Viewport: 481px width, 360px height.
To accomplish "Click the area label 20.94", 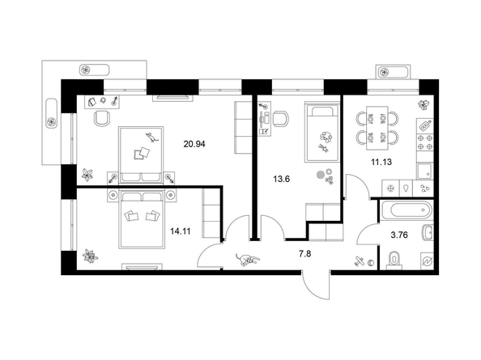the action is click(x=194, y=144).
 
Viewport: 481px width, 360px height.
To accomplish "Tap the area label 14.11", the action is click(x=181, y=231).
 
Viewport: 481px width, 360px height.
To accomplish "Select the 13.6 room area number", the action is click(x=282, y=179).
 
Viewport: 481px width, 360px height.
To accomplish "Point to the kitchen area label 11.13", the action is click(x=381, y=162).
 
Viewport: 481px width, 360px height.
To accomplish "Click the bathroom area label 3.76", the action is click(x=399, y=235).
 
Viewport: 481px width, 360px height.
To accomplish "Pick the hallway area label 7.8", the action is click(x=305, y=254).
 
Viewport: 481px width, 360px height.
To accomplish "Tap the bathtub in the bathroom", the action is click(x=407, y=210).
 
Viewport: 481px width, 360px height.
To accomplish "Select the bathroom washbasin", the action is click(x=428, y=232).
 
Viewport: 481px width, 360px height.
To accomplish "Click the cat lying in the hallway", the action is click(x=247, y=260).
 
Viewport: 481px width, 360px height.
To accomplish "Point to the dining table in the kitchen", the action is click(x=377, y=128).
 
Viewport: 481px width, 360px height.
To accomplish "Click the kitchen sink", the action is click(x=424, y=172).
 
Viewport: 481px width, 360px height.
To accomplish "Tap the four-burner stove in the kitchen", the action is click(x=425, y=142).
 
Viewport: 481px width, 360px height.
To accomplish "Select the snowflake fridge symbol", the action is click(x=391, y=188).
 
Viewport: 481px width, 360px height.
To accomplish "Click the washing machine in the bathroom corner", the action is click(x=427, y=261).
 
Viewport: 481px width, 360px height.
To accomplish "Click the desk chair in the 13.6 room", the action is click(x=281, y=119).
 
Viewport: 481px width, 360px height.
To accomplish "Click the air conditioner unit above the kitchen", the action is click(x=394, y=72).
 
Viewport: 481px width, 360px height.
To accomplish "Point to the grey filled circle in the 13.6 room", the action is click(x=320, y=175).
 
